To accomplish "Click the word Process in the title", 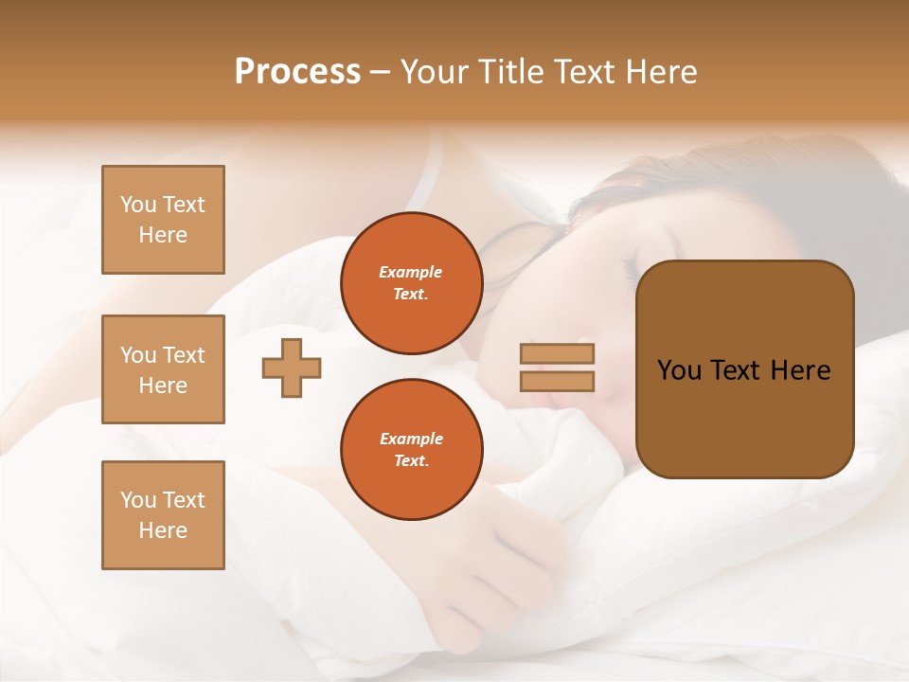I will (297, 72).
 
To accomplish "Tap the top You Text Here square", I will (163, 220).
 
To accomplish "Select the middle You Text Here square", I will (163, 369).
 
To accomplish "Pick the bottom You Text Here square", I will (163, 514).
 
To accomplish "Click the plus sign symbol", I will (292, 368).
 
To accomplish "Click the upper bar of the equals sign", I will (557, 353).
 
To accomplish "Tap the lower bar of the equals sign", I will (557, 381).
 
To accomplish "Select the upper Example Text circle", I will (411, 282).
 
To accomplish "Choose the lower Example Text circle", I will (411, 449).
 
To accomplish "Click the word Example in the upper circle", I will (411, 272).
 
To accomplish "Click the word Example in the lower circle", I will (411, 439).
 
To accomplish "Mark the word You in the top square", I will (138, 205).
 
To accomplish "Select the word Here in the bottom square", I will (163, 530).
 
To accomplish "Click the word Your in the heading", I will (433, 72).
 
